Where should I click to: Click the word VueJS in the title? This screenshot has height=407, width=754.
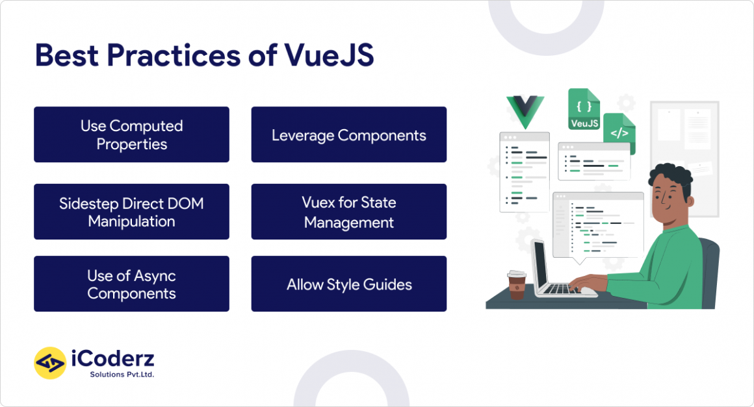click(x=329, y=56)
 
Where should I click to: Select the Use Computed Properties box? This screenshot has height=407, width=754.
click(x=131, y=134)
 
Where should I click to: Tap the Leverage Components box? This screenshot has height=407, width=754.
click(x=348, y=134)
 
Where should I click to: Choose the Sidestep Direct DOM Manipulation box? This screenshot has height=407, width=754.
click(x=131, y=212)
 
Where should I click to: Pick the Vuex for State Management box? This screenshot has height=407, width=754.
click(x=348, y=212)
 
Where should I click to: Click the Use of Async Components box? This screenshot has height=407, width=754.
click(x=131, y=284)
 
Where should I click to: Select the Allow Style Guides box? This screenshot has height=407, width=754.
click(x=348, y=284)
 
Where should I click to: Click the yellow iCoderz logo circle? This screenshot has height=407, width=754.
click(x=50, y=363)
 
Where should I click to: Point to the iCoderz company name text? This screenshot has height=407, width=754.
click(x=112, y=359)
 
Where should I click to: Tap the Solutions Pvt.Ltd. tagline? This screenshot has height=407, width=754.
click(x=122, y=375)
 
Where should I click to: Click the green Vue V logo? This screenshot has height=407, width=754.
click(x=525, y=110)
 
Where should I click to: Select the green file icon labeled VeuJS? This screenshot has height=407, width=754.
click(x=583, y=108)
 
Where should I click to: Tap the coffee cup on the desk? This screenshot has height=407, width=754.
click(x=517, y=285)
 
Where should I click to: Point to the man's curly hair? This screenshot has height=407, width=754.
click(x=670, y=177)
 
